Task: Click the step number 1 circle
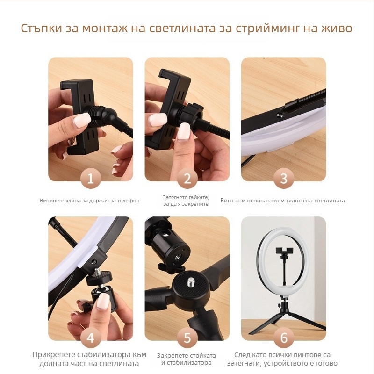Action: tap(91, 178)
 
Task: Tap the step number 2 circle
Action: tap(187, 178)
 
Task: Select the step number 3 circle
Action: tap(283, 178)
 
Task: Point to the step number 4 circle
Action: tap(91, 337)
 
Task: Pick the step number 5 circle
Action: tap(187, 337)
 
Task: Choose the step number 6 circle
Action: tap(283, 337)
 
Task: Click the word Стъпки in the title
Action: tap(41, 29)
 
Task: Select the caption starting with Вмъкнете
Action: tap(90, 201)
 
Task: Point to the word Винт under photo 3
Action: tap(228, 201)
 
